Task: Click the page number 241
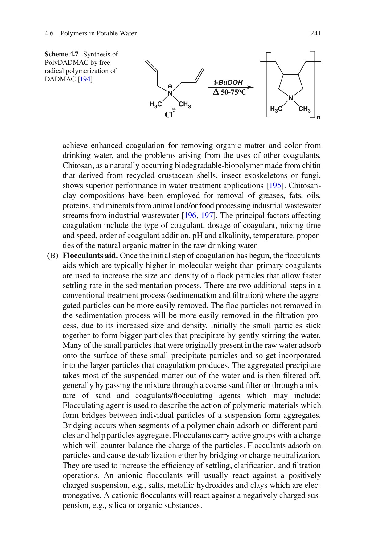(x=315, y=33)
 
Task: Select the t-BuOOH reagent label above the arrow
(x=228, y=82)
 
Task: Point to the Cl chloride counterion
(x=169, y=115)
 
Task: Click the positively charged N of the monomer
(x=170, y=93)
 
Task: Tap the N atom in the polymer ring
(x=290, y=98)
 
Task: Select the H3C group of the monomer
(x=155, y=105)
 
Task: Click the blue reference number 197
(x=207, y=216)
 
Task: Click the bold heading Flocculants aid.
(x=90, y=256)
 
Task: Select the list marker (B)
(x=53, y=256)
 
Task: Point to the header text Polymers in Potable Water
(x=98, y=33)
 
